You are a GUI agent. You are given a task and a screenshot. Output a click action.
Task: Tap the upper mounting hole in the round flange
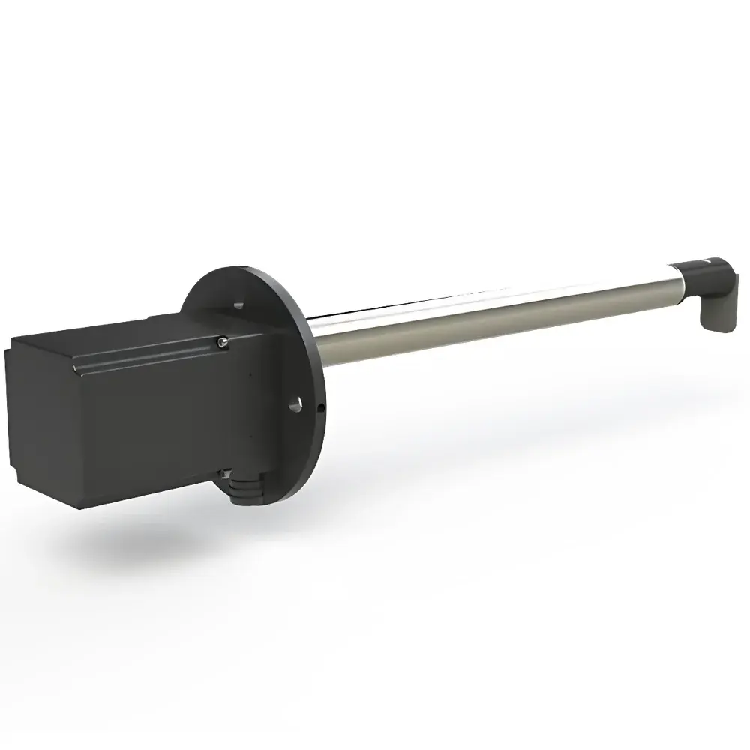point(238,304)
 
